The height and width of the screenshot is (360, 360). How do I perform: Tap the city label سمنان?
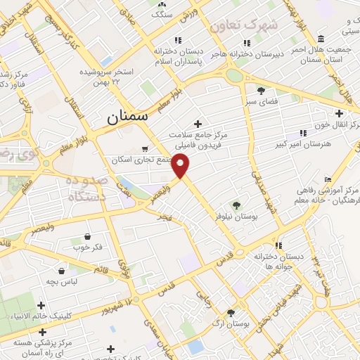(127, 117)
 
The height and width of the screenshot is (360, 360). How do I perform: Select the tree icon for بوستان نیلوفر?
(236, 205)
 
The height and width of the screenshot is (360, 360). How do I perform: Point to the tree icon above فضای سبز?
(261, 91)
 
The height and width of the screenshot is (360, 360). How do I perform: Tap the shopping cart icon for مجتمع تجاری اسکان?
(145, 149)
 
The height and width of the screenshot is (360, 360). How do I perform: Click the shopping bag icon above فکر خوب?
(86, 236)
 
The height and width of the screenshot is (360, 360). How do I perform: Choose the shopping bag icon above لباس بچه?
(62, 270)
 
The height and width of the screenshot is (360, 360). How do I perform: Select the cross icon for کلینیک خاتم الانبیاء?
(41, 304)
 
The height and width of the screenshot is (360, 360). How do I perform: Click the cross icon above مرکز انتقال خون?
(339, 113)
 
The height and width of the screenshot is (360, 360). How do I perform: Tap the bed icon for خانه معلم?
(328, 180)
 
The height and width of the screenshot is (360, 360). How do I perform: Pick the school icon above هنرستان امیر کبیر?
(303, 133)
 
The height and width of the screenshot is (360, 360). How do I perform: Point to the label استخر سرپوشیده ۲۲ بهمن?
(106, 77)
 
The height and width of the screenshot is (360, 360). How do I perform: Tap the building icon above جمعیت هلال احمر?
(321, 38)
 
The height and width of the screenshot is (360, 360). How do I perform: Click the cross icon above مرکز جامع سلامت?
(197, 123)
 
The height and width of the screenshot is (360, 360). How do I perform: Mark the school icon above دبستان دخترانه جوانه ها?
(279, 246)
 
